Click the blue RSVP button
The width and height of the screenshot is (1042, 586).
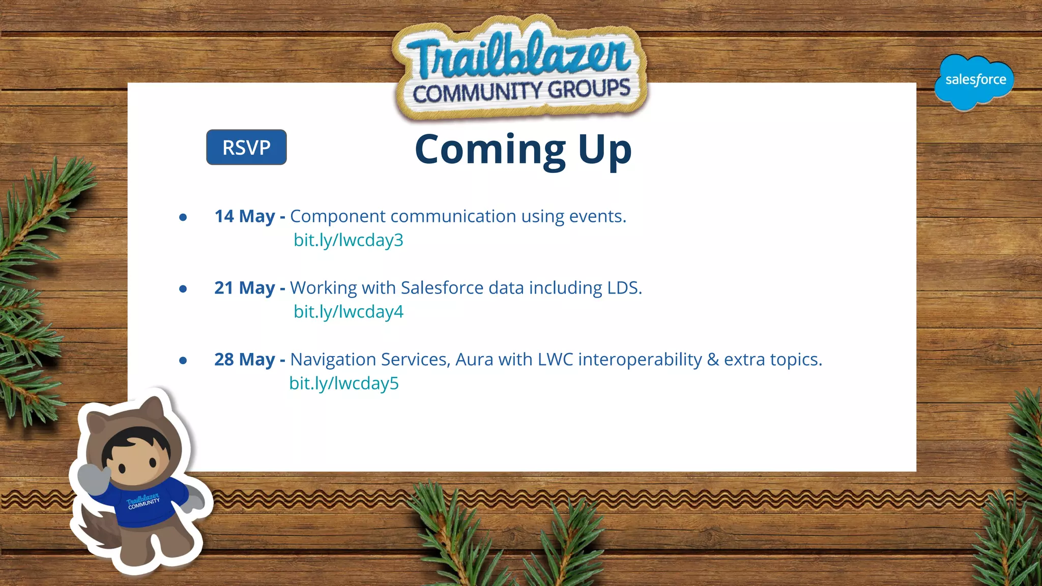click(246, 148)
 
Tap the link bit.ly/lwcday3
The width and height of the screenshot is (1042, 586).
click(348, 240)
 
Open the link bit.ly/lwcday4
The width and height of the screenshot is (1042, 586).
click(348, 312)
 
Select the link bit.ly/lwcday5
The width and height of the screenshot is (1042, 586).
click(344, 384)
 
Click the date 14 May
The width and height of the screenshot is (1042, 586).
click(245, 217)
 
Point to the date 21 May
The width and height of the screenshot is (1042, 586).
click(245, 288)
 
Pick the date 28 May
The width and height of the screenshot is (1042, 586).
click(245, 360)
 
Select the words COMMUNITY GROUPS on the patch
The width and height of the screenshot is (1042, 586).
click(521, 92)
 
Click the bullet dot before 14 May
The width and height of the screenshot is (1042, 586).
click(183, 218)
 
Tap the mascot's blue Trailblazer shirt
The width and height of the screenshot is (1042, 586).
click(145, 504)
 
